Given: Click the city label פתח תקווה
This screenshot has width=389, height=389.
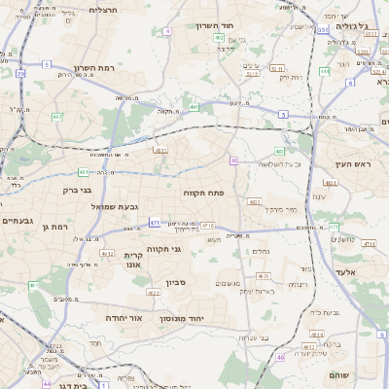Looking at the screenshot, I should point(204,194).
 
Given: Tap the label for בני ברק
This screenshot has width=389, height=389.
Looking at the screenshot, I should point(83,192).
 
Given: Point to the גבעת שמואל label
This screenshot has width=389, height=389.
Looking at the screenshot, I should point(92,207).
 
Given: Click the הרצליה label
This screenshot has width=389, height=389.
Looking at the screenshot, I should point(102,10).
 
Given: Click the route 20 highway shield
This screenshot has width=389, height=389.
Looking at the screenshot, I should point(21,73).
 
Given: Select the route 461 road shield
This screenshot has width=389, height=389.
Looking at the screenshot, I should point(153,292).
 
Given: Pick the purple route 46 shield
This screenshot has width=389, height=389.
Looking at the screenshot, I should point(233,159).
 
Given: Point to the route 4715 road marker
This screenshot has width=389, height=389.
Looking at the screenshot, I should point(207,226).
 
